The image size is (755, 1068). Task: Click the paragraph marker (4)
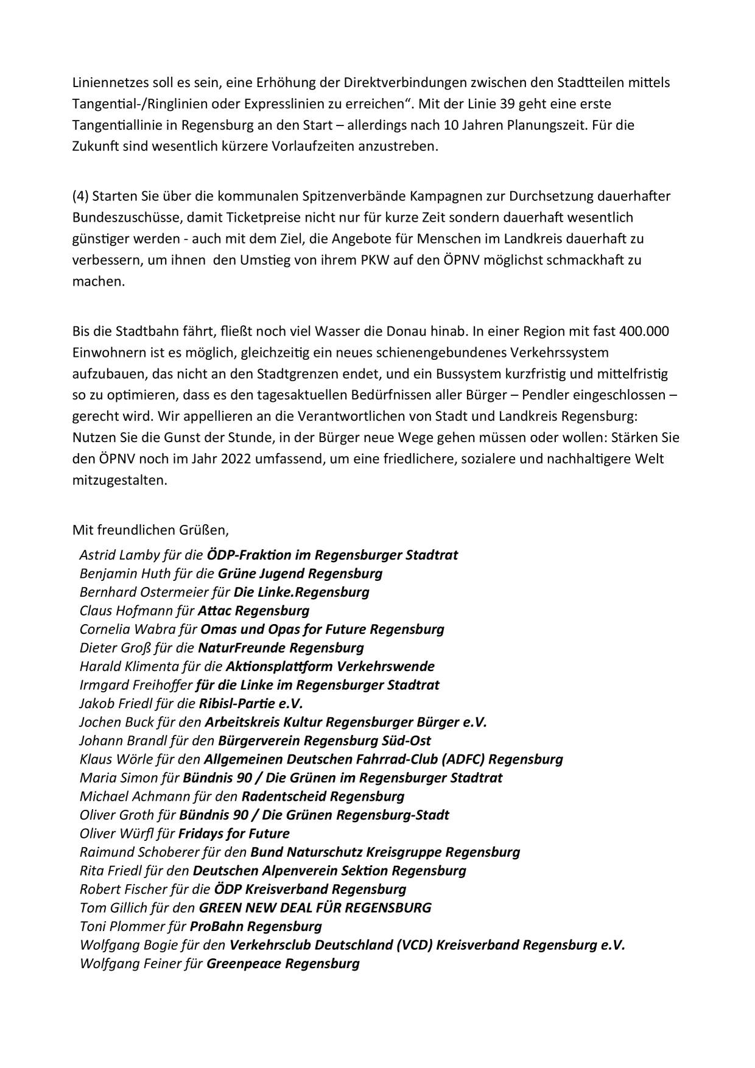(80, 196)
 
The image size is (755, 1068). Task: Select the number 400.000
(644, 331)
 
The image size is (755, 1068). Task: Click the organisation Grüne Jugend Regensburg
(300, 574)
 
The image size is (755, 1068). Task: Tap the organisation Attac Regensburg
(253, 610)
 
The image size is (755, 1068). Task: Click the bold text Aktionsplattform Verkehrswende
(317, 666)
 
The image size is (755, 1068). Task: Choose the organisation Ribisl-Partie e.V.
(251, 703)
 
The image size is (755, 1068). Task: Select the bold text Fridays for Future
(234, 833)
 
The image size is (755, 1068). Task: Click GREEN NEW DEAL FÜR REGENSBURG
(315, 907)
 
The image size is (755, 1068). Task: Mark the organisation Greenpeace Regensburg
(283, 963)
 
